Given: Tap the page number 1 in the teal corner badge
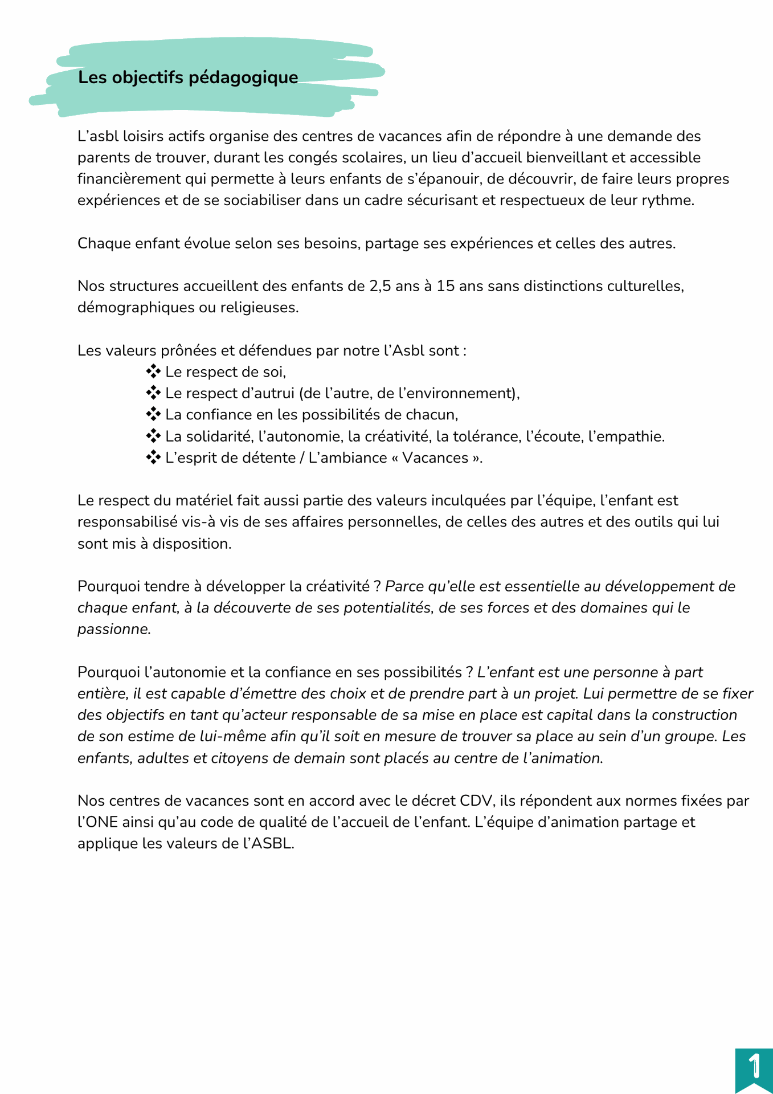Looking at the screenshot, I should tap(754, 1066).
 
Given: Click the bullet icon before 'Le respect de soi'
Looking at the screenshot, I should tap(153, 372).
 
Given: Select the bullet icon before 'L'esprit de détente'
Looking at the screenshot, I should tap(153, 458).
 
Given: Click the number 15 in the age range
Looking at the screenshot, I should tap(445, 286).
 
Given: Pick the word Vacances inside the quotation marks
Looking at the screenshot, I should tap(435, 458).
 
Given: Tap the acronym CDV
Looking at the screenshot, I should tap(475, 801).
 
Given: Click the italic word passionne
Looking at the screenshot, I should tap(113, 630).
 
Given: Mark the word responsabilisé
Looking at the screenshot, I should tap(126, 522).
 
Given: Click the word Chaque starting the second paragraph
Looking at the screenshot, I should tap(104, 244).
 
